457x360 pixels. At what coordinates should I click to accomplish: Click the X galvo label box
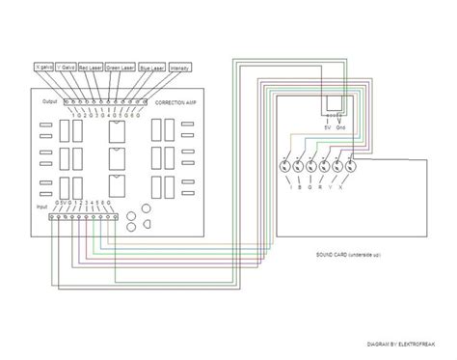[41, 69]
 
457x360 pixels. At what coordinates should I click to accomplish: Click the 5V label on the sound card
[328, 128]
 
